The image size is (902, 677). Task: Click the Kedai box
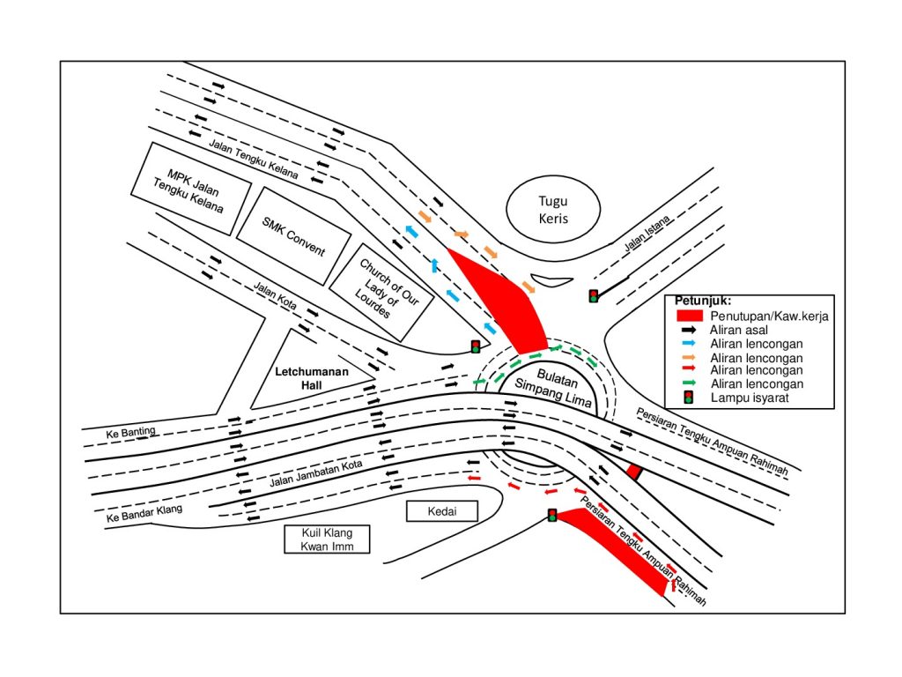[440, 511]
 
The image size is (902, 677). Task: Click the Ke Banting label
[130, 432]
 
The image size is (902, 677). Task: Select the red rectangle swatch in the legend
[689, 316]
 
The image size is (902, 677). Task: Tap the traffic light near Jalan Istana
[594, 296]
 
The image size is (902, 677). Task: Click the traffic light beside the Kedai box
[552, 515]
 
